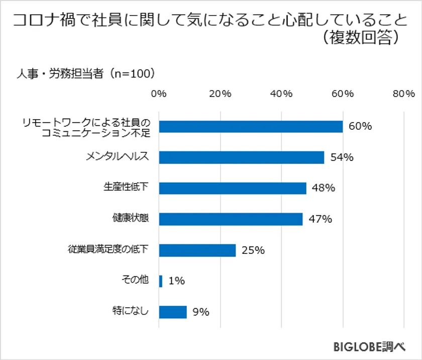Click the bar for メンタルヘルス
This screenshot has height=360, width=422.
pos(242,157)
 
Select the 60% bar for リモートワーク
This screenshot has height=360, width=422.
pos(251,126)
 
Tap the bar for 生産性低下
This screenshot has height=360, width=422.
pos(233,188)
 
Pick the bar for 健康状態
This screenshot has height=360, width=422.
pos(231,219)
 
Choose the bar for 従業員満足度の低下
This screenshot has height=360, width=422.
pos(197,250)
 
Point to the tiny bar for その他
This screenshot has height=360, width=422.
pos(161,281)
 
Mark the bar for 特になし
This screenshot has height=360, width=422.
pos(173,312)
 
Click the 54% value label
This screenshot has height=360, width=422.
pos(342,157)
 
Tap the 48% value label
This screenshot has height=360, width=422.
pos(323,188)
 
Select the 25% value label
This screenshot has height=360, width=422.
pos(253,250)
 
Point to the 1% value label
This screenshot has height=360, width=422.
pos(176,281)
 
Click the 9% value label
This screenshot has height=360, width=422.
pos(200,312)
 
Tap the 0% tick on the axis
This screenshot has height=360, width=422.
pos(159,94)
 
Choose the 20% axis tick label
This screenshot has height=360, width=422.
pos(220,94)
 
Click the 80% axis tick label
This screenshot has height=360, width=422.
pos(404,94)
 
